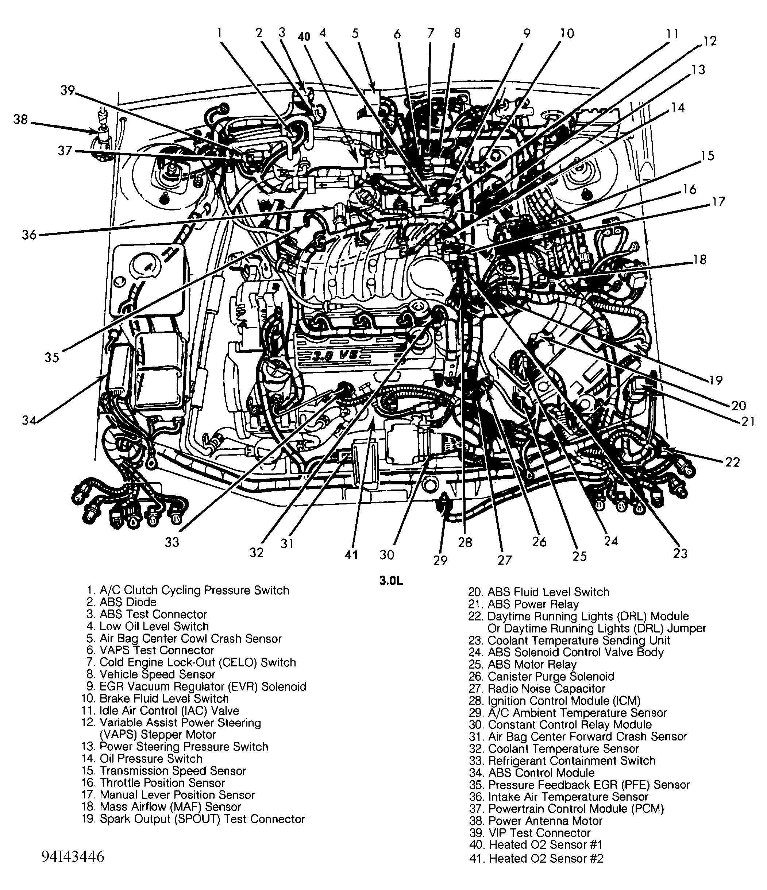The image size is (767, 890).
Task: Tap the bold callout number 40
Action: [x=304, y=36]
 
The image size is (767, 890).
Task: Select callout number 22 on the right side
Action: [x=732, y=462]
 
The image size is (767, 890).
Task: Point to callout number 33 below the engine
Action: [x=172, y=542]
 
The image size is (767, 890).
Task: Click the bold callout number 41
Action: [x=351, y=555]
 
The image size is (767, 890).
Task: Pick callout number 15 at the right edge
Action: [x=707, y=155]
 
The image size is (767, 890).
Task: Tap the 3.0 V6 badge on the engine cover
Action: [x=339, y=355]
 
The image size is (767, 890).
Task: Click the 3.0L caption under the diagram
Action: [x=391, y=581]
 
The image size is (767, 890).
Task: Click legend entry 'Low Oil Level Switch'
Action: [x=154, y=626]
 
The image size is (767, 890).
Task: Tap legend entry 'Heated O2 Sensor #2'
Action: [x=546, y=858]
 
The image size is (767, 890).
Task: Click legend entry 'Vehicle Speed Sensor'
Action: [x=157, y=674]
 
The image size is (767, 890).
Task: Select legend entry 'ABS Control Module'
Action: [x=541, y=773]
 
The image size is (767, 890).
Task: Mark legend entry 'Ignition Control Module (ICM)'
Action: [x=564, y=701]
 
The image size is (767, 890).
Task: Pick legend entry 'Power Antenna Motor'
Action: [x=545, y=821]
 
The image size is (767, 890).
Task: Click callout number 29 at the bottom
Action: [x=440, y=560]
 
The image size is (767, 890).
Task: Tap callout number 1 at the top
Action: [x=220, y=33]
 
